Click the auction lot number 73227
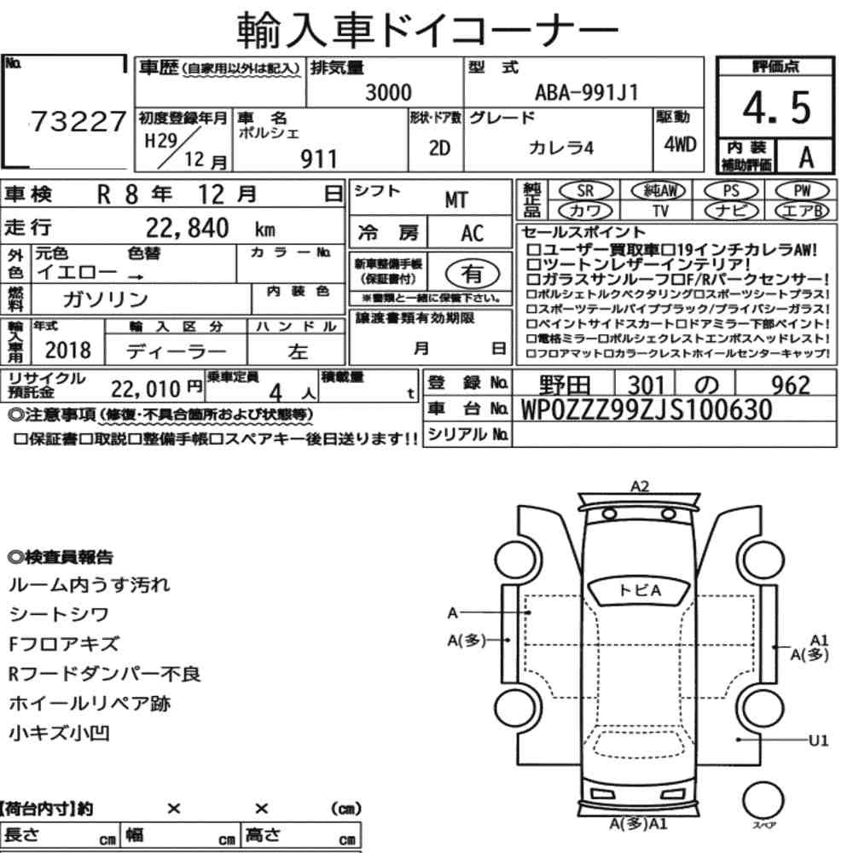[78, 121]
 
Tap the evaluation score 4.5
[776, 107]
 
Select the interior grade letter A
[806, 158]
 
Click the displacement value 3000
[388, 92]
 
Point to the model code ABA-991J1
[586, 92]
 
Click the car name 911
[319, 160]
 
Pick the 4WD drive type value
[680, 145]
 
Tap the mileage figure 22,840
[187, 228]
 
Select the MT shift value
[456, 200]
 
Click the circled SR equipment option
[586, 191]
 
